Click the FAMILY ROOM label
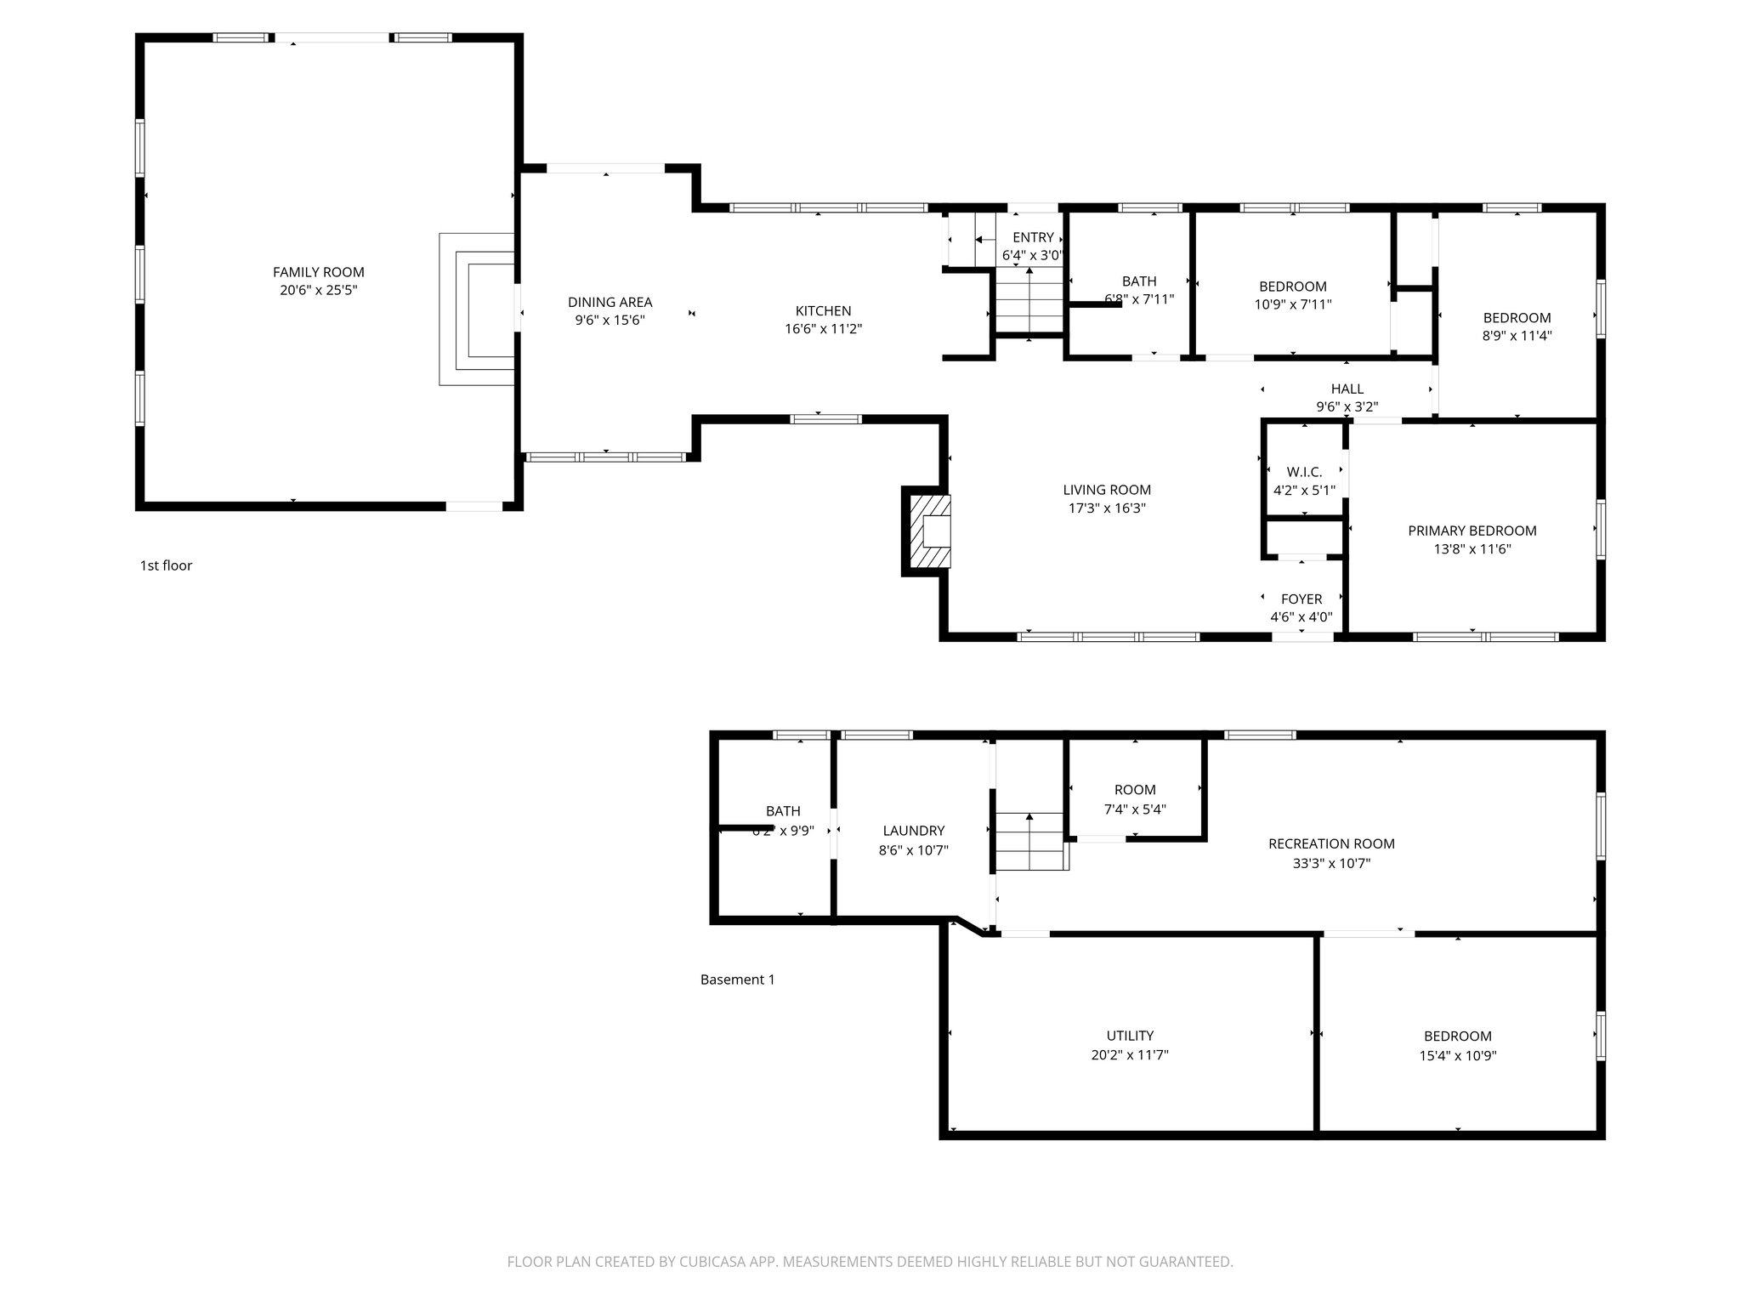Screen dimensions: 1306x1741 point(318,272)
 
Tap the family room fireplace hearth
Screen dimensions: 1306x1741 point(477,309)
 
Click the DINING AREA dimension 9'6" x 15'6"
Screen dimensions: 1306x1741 point(610,321)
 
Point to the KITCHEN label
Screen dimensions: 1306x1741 point(823,311)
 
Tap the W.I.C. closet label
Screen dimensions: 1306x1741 point(1304,472)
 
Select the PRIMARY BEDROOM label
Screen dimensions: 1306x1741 point(1472,531)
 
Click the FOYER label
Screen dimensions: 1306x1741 point(1301,599)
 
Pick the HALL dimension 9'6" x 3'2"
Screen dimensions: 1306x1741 point(1347,407)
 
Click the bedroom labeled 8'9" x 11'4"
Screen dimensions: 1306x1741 point(1517,326)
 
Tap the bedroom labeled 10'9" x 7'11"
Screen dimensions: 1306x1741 point(1292,295)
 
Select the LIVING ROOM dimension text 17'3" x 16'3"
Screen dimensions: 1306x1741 point(1106,508)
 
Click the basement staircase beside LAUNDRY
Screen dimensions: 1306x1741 point(1030,841)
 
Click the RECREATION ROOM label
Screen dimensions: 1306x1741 point(1330,843)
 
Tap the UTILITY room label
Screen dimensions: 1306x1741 point(1130,1036)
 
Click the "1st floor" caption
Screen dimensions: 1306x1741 point(166,565)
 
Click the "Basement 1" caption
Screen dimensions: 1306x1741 point(737,979)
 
